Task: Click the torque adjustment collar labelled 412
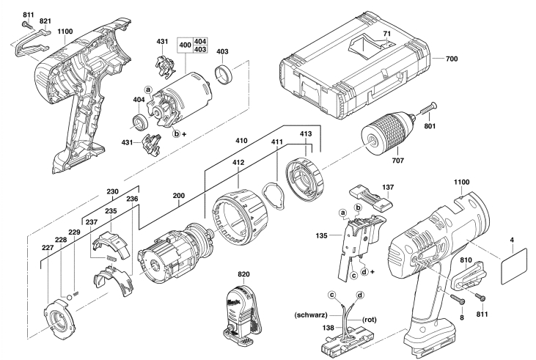pyautogui.click(x=240, y=209)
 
